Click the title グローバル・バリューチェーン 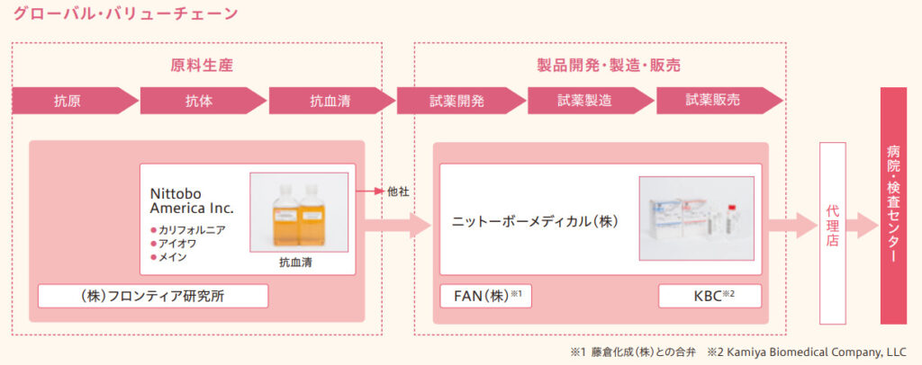(125, 13)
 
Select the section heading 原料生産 (195, 65)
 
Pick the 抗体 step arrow (200, 101)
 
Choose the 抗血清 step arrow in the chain (329, 101)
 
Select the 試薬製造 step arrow (586, 101)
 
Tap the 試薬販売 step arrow (715, 101)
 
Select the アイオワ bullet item (180, 243)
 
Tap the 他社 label (399, 191)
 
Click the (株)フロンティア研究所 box (153, 295)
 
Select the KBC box (710, 295)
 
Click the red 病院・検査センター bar (892, 205)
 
